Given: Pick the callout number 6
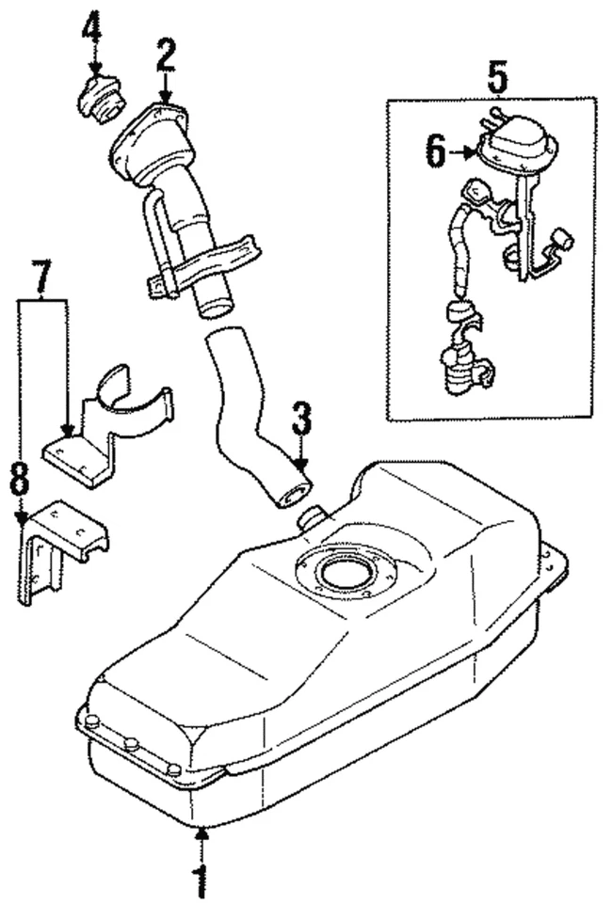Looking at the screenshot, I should point(434,150).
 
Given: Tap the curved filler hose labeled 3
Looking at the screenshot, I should point(247,414).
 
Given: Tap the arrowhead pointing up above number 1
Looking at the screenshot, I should point(201,832).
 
